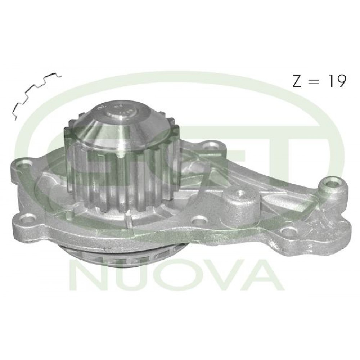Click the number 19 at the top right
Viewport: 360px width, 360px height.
pos(337,81)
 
